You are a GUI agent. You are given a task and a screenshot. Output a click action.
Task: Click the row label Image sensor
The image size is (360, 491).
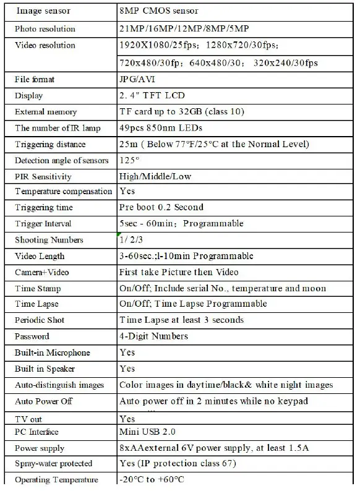[x=43, y=11]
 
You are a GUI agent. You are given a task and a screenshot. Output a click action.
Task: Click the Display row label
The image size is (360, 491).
[x=29, y=95]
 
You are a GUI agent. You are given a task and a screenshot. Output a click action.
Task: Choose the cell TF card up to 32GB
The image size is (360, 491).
[x=182, y=112]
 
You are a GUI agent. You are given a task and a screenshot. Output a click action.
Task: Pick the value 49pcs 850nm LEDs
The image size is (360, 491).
[x=160, y=128]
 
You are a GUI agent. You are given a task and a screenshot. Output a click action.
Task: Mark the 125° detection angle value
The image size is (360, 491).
[x=129, y=160]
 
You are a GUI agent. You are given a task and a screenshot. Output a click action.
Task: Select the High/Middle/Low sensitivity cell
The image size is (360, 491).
[x=155, y=176]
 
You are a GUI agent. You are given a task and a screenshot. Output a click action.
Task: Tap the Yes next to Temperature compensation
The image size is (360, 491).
[x=127, y=192]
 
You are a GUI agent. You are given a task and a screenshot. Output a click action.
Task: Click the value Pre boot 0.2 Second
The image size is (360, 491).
[x=161, y=208]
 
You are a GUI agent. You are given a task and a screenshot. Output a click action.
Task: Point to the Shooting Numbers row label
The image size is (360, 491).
[x=49, y=240]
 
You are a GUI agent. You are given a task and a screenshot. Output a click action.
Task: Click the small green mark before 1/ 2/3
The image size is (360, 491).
[x=118, y=234]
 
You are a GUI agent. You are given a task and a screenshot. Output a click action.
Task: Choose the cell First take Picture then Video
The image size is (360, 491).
[x=179, y=272]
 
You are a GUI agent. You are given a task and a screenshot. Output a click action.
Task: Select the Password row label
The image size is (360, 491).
[x=32, y=336]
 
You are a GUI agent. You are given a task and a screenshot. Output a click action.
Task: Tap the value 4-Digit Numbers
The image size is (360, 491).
[x=153, y=336]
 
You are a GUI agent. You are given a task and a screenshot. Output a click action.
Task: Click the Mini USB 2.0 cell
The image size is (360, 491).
[x=149, y=432]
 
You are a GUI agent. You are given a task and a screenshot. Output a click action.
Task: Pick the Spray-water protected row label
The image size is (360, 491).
[x=53, y=464]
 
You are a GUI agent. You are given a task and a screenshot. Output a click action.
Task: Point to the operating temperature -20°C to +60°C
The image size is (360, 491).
[x=152, y=480]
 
